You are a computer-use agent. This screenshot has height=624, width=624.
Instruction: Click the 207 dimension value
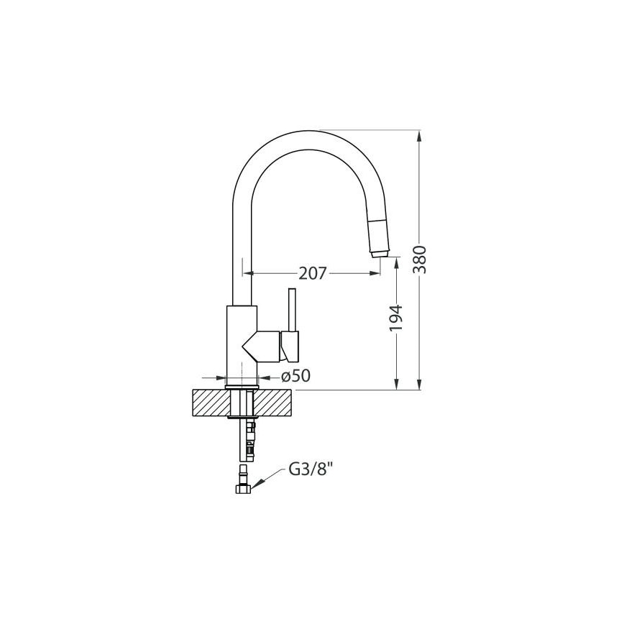pos(313,273)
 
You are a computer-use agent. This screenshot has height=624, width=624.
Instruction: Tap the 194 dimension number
pos(396,318)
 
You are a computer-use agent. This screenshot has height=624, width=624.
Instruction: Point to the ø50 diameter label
pos(295,376)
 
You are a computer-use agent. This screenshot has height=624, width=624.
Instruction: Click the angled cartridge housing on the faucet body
pos(264,346)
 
